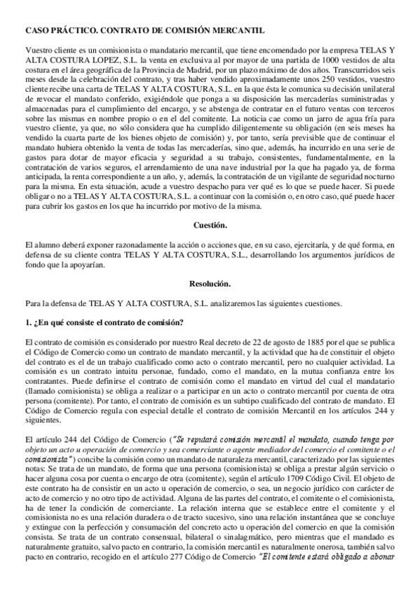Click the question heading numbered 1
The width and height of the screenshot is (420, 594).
(104, 322)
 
